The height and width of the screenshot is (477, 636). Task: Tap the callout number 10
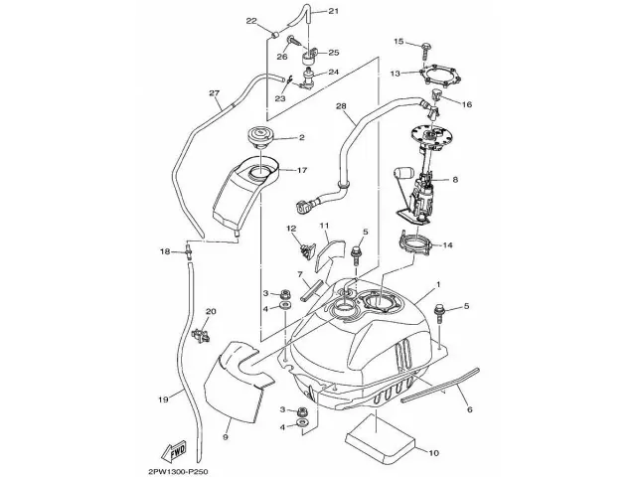[x=433, y=454]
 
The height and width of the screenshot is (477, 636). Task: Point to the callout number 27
[x=214, y=93]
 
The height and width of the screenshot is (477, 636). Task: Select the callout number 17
[x=302, y=170]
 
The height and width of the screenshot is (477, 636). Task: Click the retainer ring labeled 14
[x=417, y=241]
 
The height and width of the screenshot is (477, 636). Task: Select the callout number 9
[x=225, y=436]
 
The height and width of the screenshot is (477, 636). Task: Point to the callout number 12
[x=291, y=229]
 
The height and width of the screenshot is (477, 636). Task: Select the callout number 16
[x=467, y=102]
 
